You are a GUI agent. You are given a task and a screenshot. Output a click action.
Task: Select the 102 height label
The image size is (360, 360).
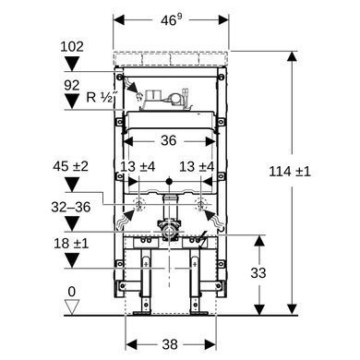point(72,47)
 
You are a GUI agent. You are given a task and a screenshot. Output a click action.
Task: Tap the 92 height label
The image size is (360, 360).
point(72,85)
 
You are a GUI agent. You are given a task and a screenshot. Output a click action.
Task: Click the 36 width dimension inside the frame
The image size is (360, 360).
point(169,140)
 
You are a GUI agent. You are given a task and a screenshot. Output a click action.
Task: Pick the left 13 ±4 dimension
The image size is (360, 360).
point(138,166)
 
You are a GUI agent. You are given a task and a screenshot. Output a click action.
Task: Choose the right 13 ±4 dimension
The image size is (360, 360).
point(197,166)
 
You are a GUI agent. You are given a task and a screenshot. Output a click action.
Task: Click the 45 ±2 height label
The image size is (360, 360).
point(70,166)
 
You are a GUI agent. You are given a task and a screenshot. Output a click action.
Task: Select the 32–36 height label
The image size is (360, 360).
point(71,207)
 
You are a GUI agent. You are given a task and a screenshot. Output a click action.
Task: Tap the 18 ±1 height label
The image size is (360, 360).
point(71,244)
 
